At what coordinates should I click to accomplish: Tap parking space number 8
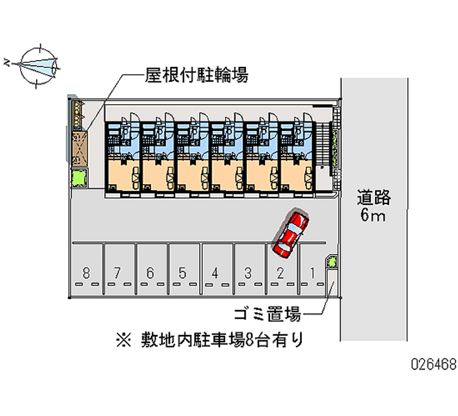tap(86, 272)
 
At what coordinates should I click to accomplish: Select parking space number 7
tap(118, 272)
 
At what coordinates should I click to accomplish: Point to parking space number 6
tap(150, 272)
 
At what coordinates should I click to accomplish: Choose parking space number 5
tap(183, 272)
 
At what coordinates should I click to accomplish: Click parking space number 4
tap(215, 272)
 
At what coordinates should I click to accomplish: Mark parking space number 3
tap(247, 272)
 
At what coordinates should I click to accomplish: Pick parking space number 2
tap(280, 272)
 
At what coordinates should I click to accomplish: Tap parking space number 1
tap(312, 272)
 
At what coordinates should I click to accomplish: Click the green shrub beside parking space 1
tap(331, 262)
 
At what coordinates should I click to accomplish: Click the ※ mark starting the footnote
tap(124, 341)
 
